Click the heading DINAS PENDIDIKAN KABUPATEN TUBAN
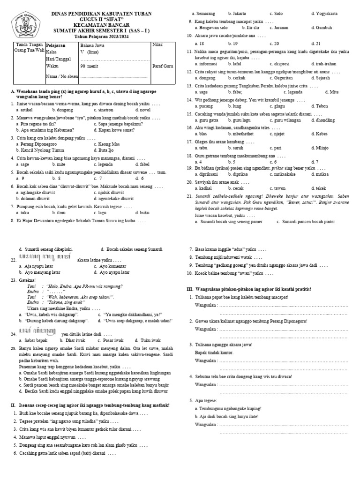point(102,14)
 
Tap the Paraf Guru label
point(163,66)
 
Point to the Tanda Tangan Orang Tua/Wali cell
point(29,48)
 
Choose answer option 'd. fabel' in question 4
point(141,165)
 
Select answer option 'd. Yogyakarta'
point(324,14)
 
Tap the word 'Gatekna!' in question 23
point(28,279)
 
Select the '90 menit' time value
point(89,66)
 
